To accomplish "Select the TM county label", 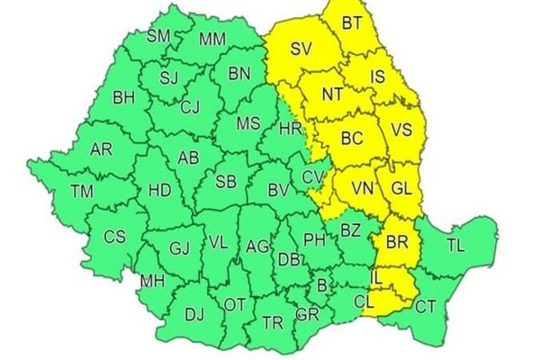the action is tap(81, 191).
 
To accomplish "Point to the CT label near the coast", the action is tap(426, 307).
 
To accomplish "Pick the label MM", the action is tap(213, 39).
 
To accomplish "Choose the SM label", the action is tap(159, 36).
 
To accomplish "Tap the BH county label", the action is tap(123, 96).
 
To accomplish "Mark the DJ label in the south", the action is tap(193, 314).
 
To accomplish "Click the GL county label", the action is tap(401, 188).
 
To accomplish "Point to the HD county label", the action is tap(158, 190).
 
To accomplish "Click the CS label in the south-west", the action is tap(114, 237).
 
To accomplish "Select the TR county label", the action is tap(272, 321).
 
